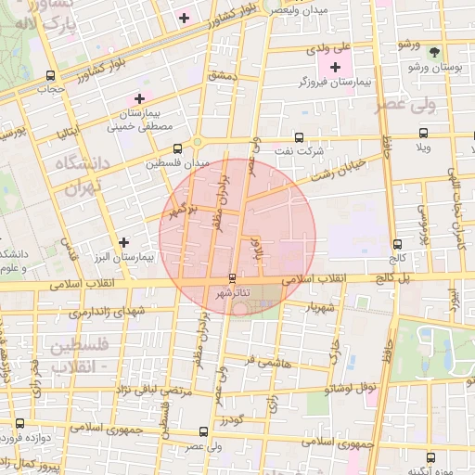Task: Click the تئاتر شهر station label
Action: click(232, 293)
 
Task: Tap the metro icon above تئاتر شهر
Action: click(232, 278)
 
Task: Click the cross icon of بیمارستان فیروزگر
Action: click(335, 67)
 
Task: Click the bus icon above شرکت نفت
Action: click(298, 136)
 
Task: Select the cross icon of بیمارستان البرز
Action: click(123, 242)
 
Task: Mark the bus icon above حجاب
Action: click(49, 76)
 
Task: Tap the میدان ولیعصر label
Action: click(299, 8)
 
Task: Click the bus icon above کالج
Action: click(397, 244)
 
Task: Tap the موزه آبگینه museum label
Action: click(454, 469)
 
